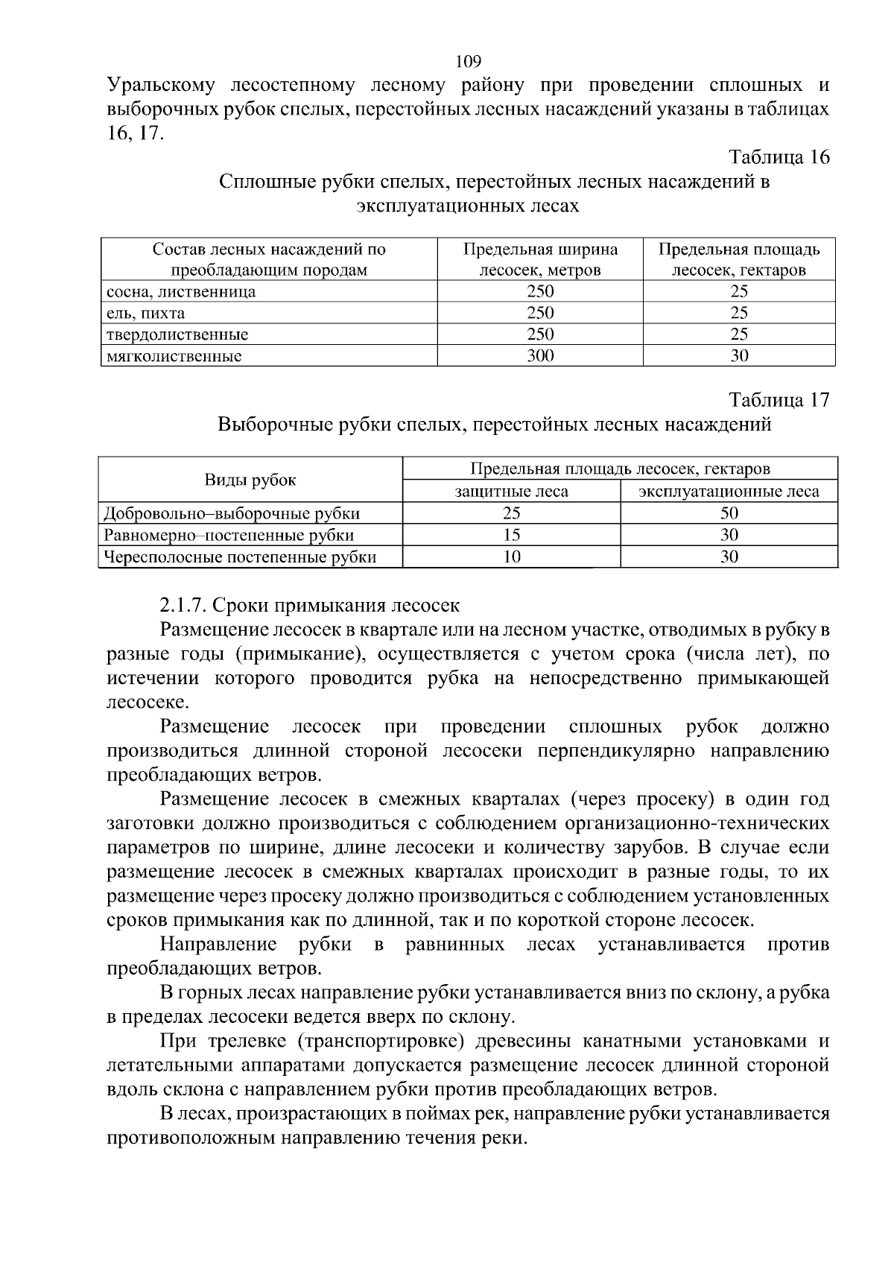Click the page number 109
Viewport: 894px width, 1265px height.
(x=468, y=61)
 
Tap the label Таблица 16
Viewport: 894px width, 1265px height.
(x=779, y=157)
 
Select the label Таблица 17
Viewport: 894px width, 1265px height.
(x=779, y=400)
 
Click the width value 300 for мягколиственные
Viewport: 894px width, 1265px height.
(x=540, y=356)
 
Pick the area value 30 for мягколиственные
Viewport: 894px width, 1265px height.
(x=738, y=356)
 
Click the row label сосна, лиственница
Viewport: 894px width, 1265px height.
(x=181, y=291)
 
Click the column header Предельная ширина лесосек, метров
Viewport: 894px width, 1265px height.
(x=540, y=259)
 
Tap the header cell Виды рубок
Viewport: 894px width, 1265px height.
(x=250, y=480)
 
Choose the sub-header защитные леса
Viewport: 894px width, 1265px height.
(x=511, y=492)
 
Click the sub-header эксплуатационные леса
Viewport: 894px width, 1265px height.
(x=729, y=492)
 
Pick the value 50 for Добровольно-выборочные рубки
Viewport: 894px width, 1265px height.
(x=729, y=513)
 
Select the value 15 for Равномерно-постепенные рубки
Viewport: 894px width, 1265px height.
(x=511, y=535)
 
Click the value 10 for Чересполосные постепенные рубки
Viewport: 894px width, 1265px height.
(x=511, y=557)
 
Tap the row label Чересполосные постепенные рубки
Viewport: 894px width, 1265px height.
(x=240, y=557)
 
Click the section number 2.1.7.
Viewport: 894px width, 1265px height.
(x=183, y=605)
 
